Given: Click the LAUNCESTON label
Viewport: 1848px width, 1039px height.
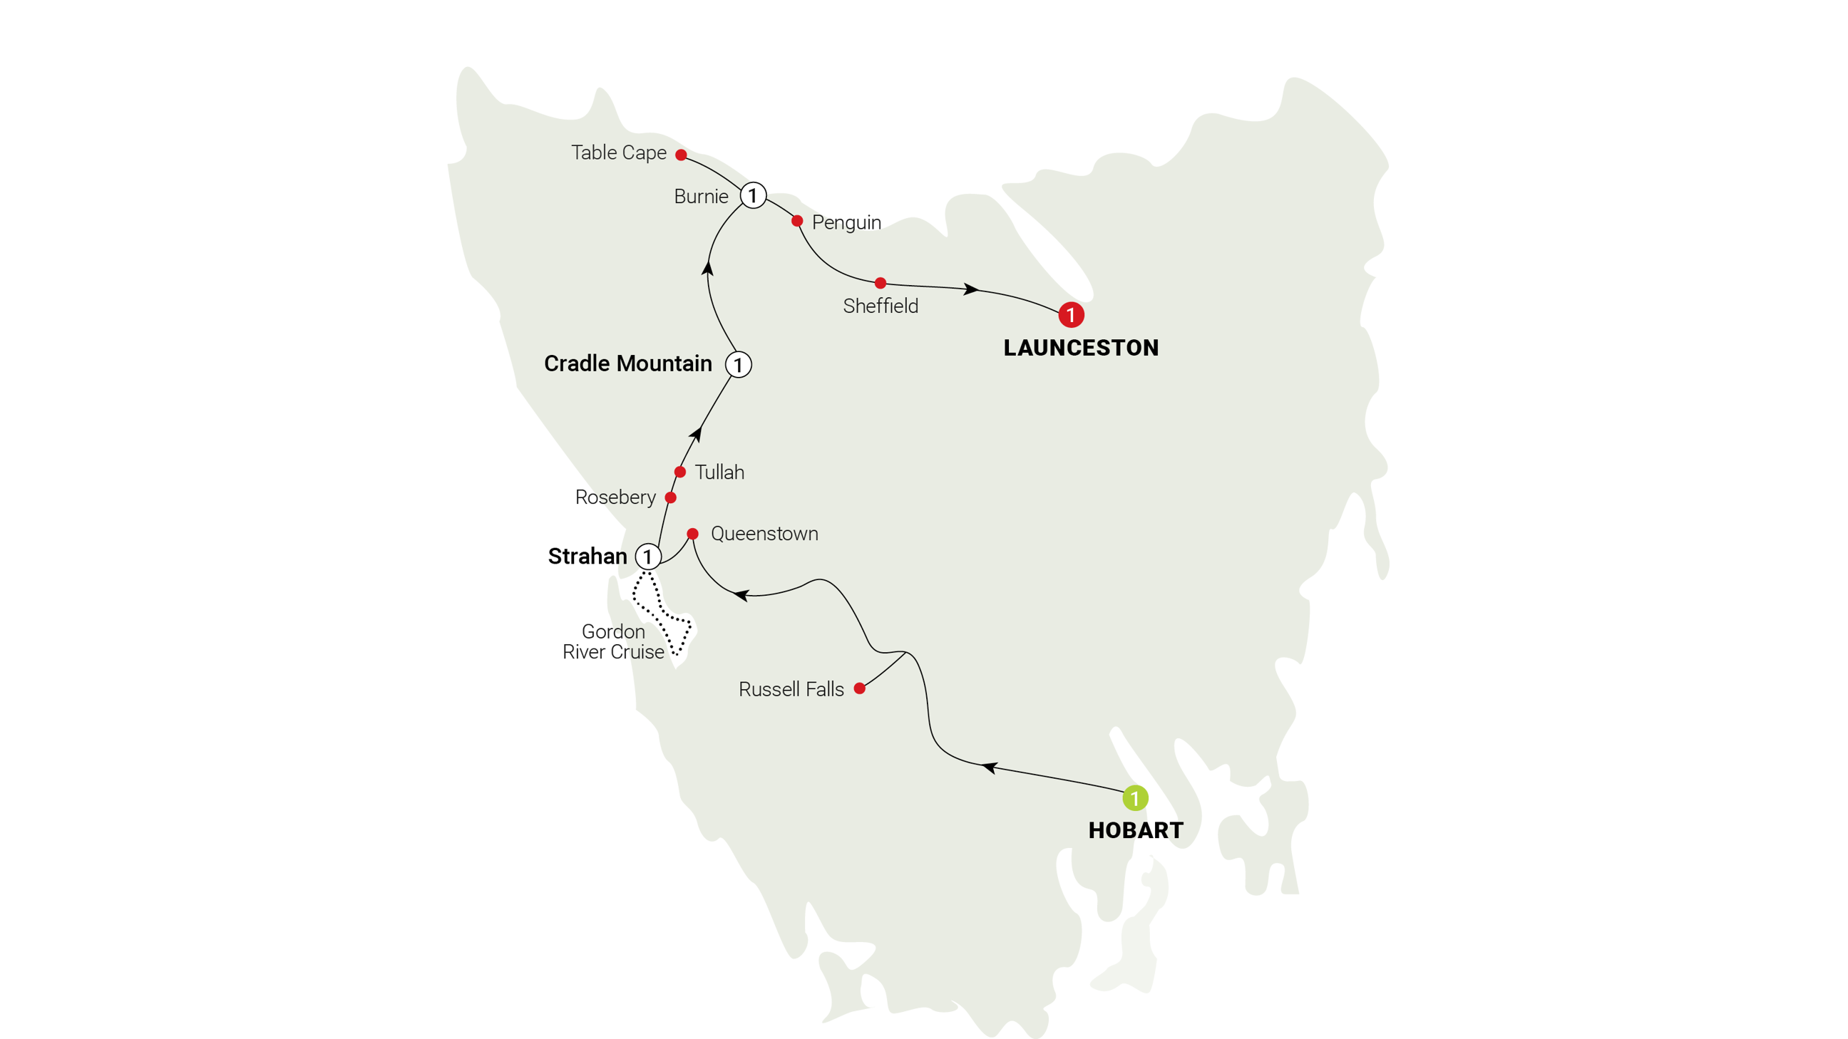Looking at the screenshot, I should tap(1080, 348).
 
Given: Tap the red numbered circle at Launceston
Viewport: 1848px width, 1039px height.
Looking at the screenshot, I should tap(1070, 314).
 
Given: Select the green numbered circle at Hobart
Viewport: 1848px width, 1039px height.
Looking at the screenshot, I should tap(1135, 797).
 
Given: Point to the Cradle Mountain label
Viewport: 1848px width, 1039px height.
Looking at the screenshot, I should tap(627, 363).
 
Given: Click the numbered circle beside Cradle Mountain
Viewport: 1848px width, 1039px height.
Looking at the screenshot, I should tap(738, 364).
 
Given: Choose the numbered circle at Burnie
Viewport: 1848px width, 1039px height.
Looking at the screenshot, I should tap(753, 195).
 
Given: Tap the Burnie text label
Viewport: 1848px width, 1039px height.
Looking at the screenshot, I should tap(701, 197).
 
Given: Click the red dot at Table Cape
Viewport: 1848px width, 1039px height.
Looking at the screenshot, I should tap(681, 154).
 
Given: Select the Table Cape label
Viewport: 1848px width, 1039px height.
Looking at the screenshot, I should tap(618, 153).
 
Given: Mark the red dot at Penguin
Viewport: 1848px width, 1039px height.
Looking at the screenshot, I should tap(796, 221).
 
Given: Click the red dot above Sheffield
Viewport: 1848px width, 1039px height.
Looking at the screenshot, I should tap(881, 282).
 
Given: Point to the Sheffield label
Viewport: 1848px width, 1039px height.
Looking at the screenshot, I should tap(881, 306).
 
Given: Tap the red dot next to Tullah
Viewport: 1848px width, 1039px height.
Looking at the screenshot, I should tap(679, 472).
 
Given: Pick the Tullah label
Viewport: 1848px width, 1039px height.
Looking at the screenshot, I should tap(719, 472).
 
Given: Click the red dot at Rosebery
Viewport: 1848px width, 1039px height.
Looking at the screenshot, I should tap(670, 497).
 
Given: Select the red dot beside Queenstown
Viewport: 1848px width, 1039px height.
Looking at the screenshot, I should tap(692, 534).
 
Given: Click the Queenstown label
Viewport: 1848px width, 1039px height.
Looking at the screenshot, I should tap(764, 534).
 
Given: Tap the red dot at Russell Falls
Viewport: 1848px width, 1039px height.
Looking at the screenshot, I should tap(859, 688).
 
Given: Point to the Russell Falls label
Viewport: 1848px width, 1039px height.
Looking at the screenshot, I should tap(791, 689).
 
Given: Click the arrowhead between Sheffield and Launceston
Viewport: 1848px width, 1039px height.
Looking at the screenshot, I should tap(971, 289).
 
